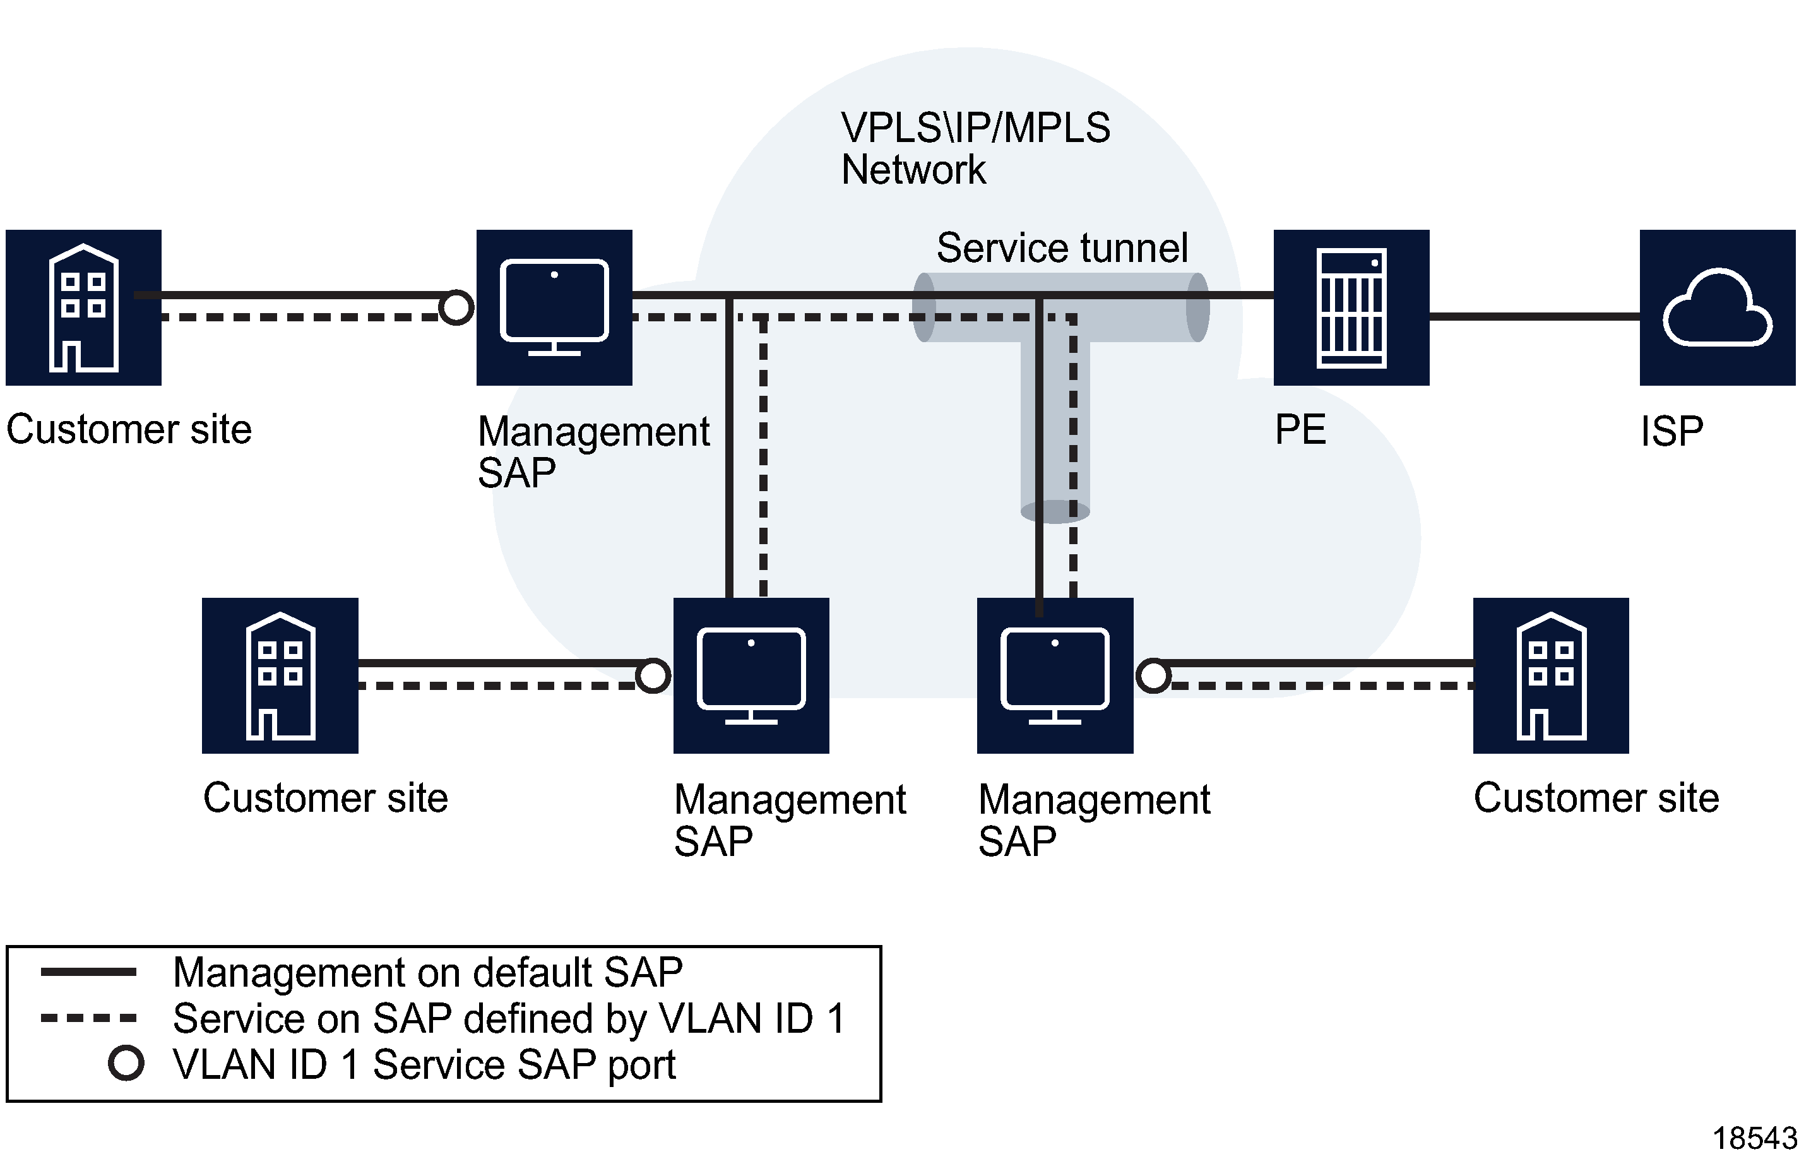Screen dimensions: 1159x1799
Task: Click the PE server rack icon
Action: tap(1351, 308)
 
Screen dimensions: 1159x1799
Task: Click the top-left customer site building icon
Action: tap(83, 308)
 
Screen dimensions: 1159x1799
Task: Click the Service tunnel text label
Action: tap(1062, 248)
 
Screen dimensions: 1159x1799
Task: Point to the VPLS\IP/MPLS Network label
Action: tap(975, 148)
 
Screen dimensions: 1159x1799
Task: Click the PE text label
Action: tap(1300, 430)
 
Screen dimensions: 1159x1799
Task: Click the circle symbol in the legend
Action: tap(126, 1064)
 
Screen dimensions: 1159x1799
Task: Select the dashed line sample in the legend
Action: tap(88, 1018)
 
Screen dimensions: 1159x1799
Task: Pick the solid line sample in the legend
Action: tap(88, 972)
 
